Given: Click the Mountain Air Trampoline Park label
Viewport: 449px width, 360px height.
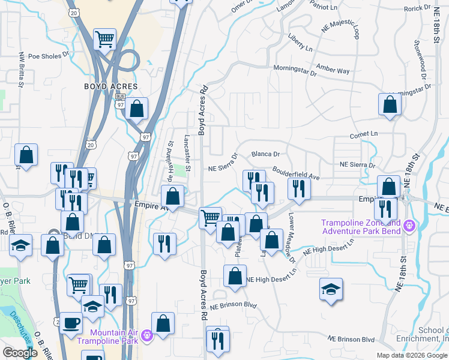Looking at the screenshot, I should point(115,337).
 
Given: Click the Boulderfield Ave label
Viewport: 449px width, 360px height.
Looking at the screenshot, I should point(296,173).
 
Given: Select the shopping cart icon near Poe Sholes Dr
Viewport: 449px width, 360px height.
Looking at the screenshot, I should point(104,40).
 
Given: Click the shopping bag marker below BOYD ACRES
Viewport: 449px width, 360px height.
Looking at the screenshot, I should point(137,109).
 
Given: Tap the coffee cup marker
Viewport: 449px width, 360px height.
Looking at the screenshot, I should point(71,323).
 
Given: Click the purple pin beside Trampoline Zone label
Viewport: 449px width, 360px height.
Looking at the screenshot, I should point(411,226).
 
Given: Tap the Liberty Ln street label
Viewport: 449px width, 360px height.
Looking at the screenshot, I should point(300,47).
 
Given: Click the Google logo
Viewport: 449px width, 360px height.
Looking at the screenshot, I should point(20,352).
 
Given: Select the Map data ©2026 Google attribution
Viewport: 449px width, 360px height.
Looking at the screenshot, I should point(412,355).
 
